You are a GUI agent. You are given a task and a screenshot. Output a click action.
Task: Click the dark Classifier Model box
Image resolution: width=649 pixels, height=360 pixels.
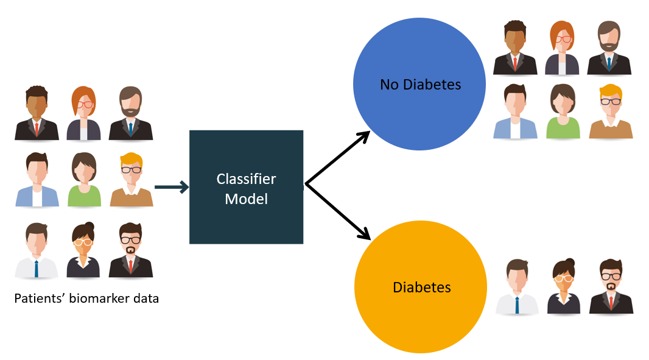pos(246,187)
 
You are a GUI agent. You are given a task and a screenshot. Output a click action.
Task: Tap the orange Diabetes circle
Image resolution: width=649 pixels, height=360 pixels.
pos(421,287)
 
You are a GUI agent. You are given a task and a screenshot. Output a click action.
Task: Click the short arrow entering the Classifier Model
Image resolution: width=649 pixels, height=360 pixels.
pos(172,187)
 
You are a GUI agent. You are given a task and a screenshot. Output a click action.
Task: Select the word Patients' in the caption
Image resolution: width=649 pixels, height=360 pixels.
pos(37,299)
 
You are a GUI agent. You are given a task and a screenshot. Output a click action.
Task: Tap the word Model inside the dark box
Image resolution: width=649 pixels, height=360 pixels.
pos(246,199)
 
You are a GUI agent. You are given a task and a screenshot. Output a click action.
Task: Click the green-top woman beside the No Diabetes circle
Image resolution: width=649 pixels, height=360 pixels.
pos(563,111)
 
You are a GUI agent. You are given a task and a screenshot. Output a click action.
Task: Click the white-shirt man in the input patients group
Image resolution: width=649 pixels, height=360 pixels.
pos(37,250)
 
